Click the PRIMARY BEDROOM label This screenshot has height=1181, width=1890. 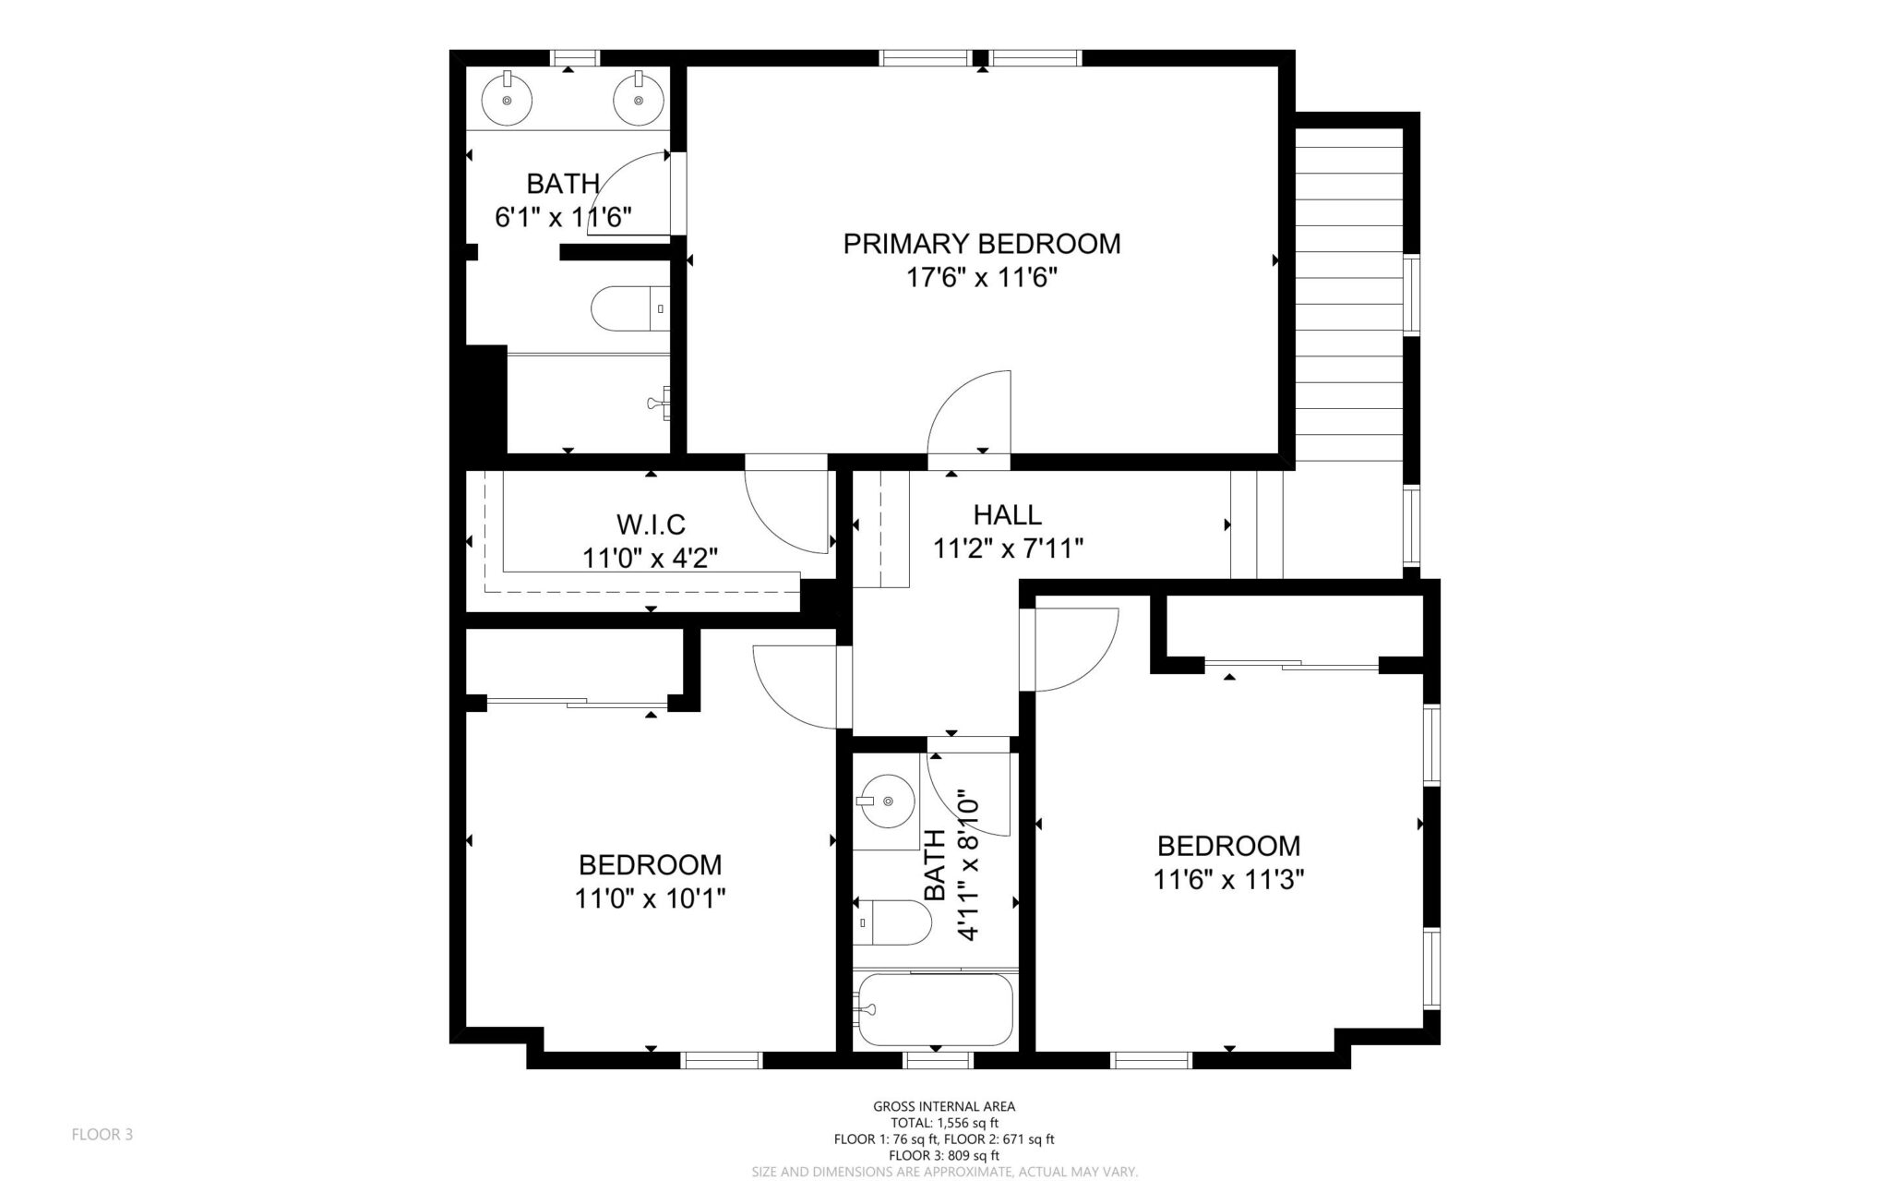[x=981, y=244]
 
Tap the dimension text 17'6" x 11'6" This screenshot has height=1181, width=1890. [x=981, y=277]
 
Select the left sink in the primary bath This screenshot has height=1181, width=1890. [x=507, y=100]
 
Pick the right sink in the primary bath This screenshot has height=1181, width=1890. [x=638, y=100]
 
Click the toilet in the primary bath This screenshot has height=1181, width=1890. [x=628, y=309]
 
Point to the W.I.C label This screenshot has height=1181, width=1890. [x=651, y=524]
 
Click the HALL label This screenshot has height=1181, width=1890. [x=1007, y=514]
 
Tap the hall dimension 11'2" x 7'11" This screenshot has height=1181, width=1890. [x=1007, y=548]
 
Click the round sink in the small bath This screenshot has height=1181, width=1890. [x=884, y=800]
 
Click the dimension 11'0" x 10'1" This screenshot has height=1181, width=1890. [x=650, y=898]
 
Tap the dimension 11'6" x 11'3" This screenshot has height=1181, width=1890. [x=1227, y=879]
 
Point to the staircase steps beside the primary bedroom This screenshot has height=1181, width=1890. [x=1349, y=295]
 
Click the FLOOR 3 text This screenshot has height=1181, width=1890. [x=102, y=1135]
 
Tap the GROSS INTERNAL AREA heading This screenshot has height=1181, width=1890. [x=943, y=1106]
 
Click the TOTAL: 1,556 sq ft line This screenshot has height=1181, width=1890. [x=943, y=1123]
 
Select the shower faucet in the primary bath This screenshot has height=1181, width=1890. [x=659, y=404]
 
